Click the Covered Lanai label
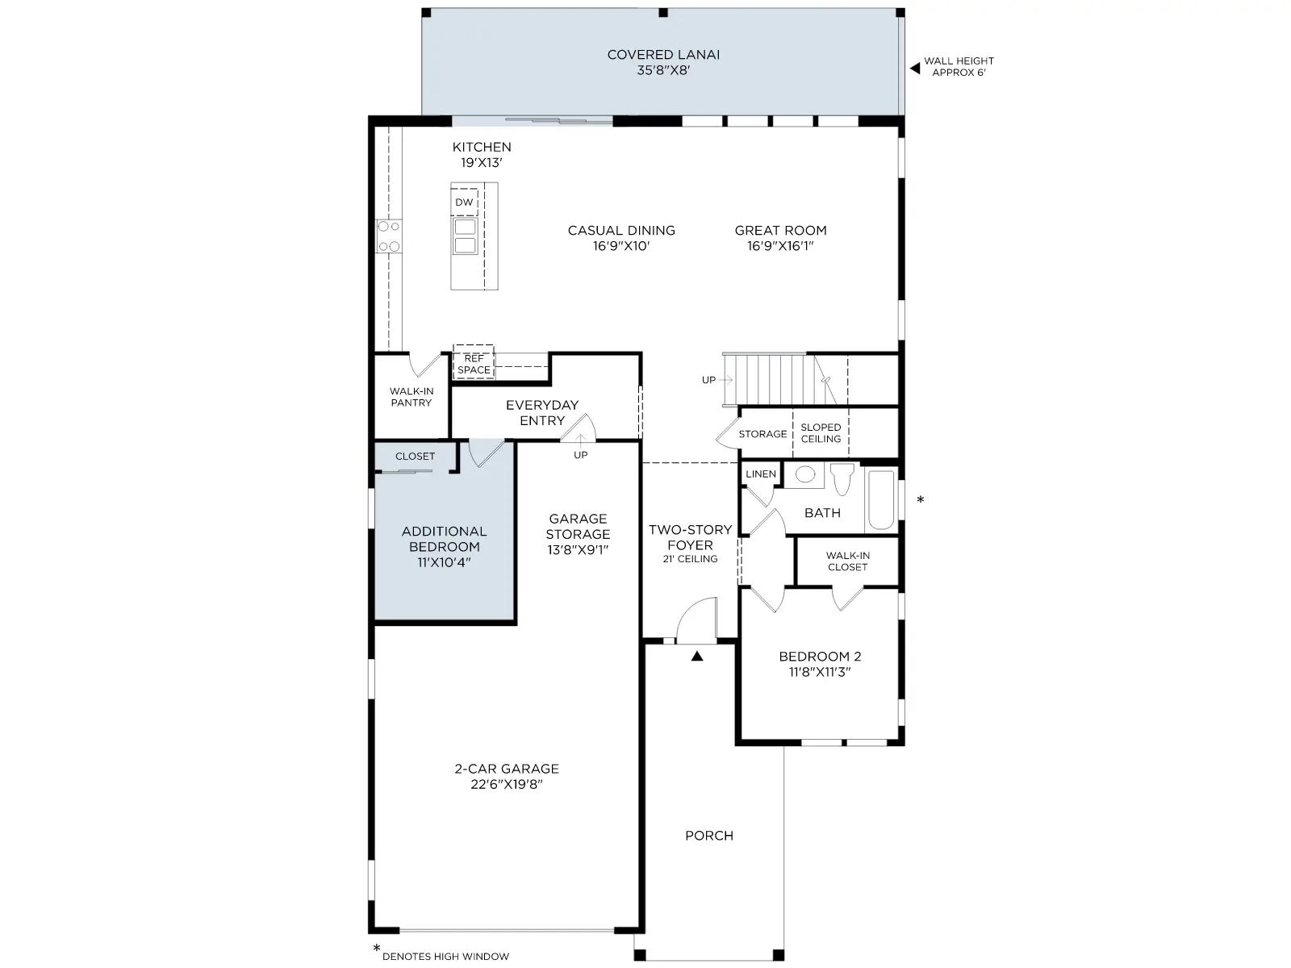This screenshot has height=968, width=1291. pyautogui.click(x=663, y=55)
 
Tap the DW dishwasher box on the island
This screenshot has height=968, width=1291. pyautogui.click(x=464, y=202)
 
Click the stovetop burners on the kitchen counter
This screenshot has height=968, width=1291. pyautogui.click(x=389, y=236)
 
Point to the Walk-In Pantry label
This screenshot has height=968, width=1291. pyautogui.click(x=412, y=397)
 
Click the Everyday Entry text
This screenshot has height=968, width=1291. pyautogui.click(x=541, y=412)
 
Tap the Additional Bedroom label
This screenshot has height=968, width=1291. pyautogui.click(x=444, y=539)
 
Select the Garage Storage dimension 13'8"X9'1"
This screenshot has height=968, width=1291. pyautogui.click(x=578, y=549)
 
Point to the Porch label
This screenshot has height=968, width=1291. pyautogui.click(x=709, y=836)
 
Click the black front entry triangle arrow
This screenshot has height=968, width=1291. pyautogui.click(x=697, y=656)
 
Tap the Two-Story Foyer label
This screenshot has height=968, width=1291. pyautogui.click(x=690, y=537)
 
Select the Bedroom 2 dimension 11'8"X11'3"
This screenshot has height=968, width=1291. pyautogui.click(x=820, y=672)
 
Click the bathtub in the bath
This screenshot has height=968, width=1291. pyautogui.click(x=880, y=499)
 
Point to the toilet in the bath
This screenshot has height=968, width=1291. pyautogui.click(x=842, y=478)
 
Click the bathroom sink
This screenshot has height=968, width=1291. pyautogui.click(x=804, y=475)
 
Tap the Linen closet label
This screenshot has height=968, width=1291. pyautogui.click(x=761, y=474)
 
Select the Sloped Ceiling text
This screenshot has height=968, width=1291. pyautogui.click(x=821, y=433)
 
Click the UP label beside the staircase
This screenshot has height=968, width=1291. pyautogui.click(x=708, y=380)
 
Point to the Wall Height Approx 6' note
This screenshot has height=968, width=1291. pyautogui.click(x=959, y=66)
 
